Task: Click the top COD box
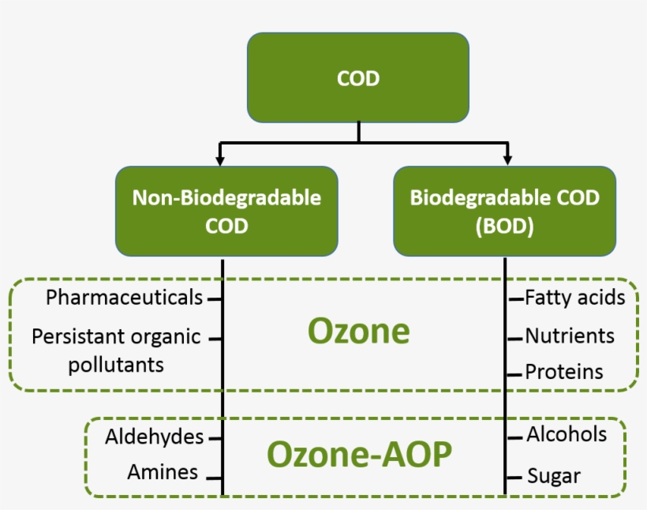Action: pyautogui.click(x=358, y=77)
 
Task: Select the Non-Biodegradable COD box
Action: pyautogui.click(x=226, y=211)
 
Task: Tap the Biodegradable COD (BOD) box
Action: pyautogui.click(x=504, y=211)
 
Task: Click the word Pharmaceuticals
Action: pyautogui.click(x=124, y=298)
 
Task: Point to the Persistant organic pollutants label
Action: pyautogui.click(x=116, y=351)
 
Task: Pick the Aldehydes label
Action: pyautogui.click(x=155, y=437)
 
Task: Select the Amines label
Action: pyautogui.click(x=163, y=472)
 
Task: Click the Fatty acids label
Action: pyautogui.click(x=574, y=298)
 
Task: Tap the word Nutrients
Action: pyautogui.click(x=570, y=336)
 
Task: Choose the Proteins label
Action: pyautogui.click(x=564, y=372)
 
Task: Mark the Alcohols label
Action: pyautogui.click(x=567, y=434)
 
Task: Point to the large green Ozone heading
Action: pyautogui.click(x=358, y=332)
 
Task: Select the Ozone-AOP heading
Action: pyautogui.click(x=359, y=455)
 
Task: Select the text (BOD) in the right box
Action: pyautogui.click(x=504, y=226)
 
